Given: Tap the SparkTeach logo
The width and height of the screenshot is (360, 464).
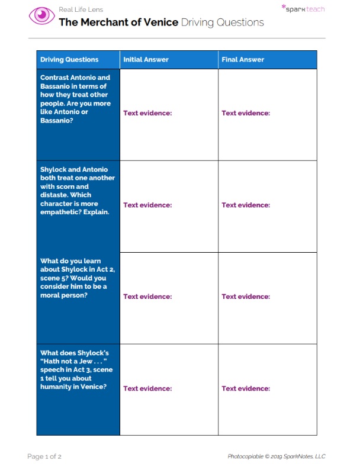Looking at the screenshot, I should [x=303, y=9].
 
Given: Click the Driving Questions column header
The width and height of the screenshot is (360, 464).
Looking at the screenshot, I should [x=69, y=60].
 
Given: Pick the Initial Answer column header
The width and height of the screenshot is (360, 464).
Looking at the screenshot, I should [x=146, y=60].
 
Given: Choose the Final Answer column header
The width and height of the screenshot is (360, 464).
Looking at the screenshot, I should [x=243, y=60].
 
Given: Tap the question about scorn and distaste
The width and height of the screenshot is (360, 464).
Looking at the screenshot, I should [x=77, y=191].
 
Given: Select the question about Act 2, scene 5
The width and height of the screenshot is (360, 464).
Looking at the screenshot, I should [x=74, y=278].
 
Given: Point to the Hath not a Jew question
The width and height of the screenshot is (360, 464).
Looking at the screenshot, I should [x=76, y=370].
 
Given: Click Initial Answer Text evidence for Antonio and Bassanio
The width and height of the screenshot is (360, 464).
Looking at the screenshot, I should [x=147, y=113].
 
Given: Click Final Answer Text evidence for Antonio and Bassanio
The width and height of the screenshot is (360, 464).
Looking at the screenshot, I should [x=246, y=113].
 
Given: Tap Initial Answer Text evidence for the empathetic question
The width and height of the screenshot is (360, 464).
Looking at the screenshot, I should [x=147, y=205].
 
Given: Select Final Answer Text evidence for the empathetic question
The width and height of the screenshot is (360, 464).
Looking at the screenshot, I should [x=246, y=205].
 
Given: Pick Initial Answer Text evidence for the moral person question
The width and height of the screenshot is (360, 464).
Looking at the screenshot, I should [x=147, y=297].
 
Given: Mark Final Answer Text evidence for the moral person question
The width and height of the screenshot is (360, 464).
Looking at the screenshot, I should [x=246, y=297].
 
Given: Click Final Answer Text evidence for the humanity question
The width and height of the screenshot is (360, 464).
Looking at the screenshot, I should [x=246, y=389].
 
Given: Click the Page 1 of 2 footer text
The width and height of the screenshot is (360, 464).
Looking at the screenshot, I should [x=44, y=456].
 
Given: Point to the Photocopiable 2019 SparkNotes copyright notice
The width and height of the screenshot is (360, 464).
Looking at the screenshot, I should [x=277, y=456].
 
